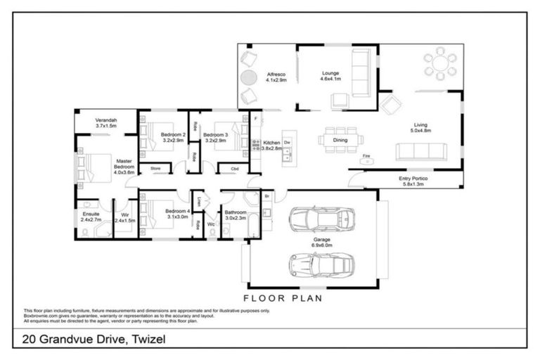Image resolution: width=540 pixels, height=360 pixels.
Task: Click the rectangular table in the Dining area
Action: point(340,139)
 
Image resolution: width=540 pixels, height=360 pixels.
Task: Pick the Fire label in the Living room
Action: point(366,155)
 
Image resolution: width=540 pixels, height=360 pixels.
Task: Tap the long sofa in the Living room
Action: point(420,151)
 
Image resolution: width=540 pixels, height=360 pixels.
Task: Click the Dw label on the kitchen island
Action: point(288,141)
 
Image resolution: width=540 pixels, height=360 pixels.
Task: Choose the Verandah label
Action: point(105,120)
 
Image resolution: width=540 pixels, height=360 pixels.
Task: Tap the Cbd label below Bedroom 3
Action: point(234,169)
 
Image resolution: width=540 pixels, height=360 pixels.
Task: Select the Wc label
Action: point(210,224)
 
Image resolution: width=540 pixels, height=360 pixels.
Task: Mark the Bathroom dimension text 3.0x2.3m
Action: point(234,219)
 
